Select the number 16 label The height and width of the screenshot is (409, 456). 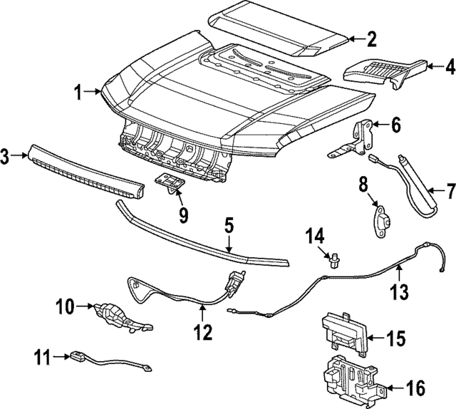(415, 388)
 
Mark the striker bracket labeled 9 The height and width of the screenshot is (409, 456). (170, 184)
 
